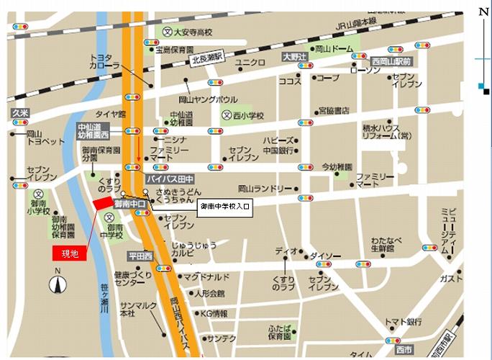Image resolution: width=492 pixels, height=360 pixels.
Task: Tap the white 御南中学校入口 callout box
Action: tap(224, 207)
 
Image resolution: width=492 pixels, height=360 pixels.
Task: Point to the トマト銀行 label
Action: tap(401, 321)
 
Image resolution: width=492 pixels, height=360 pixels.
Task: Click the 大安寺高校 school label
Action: tap(188, 32)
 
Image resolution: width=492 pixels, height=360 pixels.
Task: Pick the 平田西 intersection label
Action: tap(140, 256)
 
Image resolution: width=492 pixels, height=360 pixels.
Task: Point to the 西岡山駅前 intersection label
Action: tap(391, 62)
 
